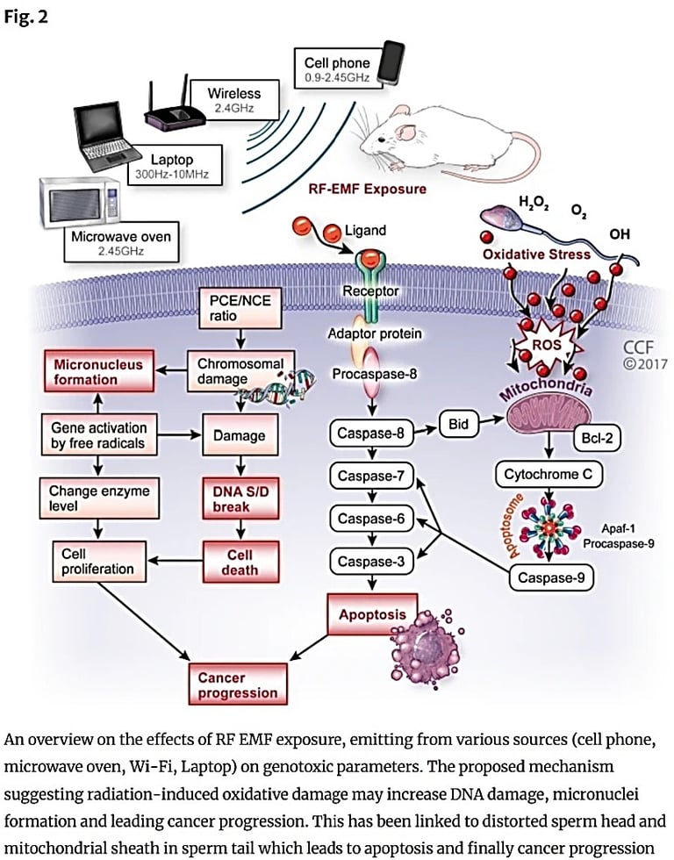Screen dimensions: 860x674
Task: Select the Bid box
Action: [459, 425]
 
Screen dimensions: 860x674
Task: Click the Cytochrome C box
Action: [549, 475]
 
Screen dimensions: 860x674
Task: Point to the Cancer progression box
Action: [237, 685]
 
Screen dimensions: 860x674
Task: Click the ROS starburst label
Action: [545, 345]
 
